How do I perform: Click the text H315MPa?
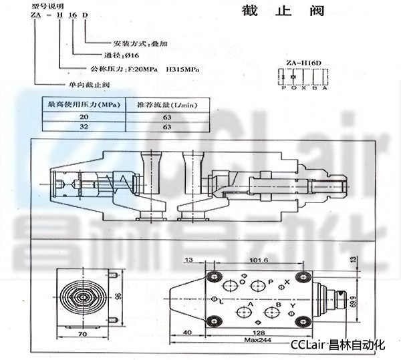tap(183, 69)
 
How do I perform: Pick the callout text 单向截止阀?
tap(88, 84)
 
